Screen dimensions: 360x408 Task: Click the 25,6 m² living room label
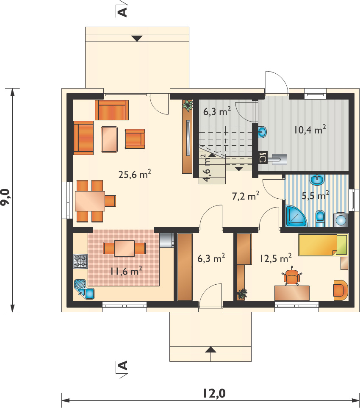[x=135, y=174]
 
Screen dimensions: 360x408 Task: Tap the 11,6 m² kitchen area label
[x=126, y=271]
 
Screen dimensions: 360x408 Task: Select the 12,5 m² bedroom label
[x=276, y=258]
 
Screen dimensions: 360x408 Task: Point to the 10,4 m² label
[x=310, y=129]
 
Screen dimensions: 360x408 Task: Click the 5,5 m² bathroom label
[x=316, y=195]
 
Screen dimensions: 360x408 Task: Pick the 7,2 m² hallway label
[x=246, y=196]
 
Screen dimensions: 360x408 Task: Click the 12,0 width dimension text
[x=214, y=394]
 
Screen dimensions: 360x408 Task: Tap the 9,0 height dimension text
[x=6, y=197]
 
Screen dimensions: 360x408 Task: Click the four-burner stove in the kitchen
[x=80, y=261]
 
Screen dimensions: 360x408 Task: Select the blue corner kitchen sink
[x=84, y=289]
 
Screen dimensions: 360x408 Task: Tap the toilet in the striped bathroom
[x=320, y=219]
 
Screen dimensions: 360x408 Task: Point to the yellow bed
[x=323, y=245]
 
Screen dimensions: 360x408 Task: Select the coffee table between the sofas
[x=109, y=139]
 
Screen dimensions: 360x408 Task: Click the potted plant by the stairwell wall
[x=188, y=105]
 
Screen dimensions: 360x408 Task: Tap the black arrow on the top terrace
[x=137, y=39]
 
